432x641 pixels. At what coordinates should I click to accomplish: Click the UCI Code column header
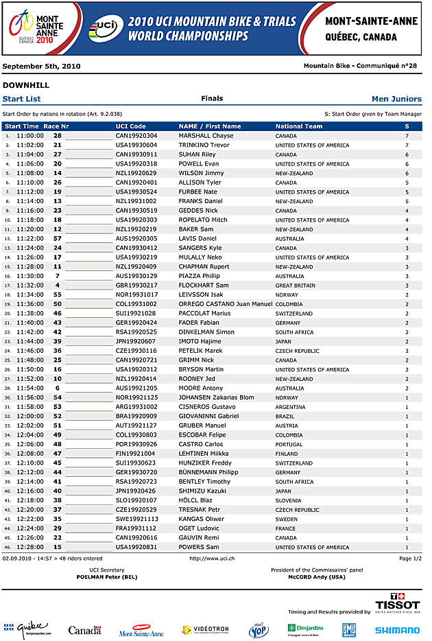pyautogui.click(x=130, y=126)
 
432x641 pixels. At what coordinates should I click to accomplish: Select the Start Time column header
pyautogui.click(x=22, y=126)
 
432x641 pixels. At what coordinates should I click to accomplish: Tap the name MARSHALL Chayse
pyautogui.click(x=206, y=136)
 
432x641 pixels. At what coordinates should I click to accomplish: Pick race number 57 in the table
pyautogui.click(x=58, y=238)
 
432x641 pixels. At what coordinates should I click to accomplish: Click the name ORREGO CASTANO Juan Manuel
pyautogui.click(x=225, y=304)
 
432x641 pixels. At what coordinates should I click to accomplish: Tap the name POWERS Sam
pyautogui.click(x=199, y=547)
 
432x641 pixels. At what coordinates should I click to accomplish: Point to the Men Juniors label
pyautogui.click(x=396, y=99)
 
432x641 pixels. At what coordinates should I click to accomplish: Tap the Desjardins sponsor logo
pyautogui.click(x=306, y=629)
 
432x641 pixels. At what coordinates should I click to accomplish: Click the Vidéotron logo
pyautogui.click(x=205, y=629)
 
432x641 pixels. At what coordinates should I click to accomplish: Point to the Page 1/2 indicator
pyautogui.click(x=410, y=559)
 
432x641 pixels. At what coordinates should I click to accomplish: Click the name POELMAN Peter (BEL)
pyautogui.click(x=107, y=577)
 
